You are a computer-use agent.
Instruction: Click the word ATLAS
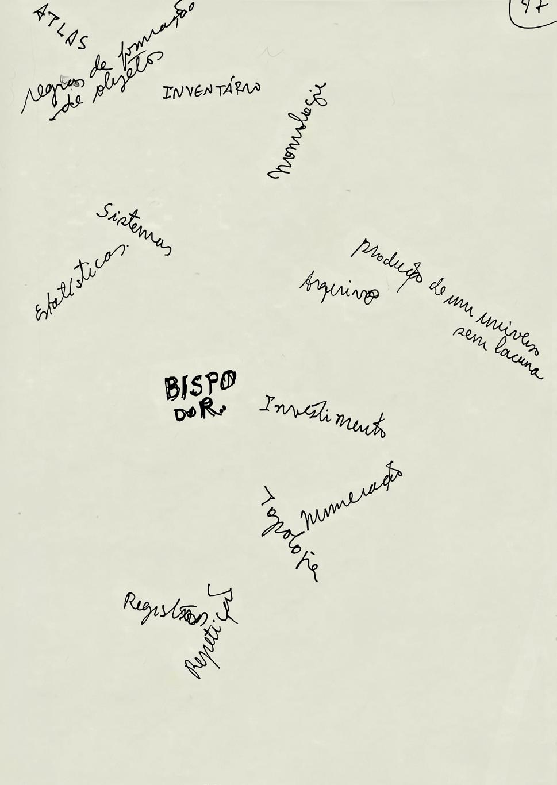(62, 26)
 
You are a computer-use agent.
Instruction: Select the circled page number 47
(533, 10)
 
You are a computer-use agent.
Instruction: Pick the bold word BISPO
(200, 385)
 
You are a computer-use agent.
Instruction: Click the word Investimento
(322, 416)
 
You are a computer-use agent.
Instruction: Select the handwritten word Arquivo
(339, 288)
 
